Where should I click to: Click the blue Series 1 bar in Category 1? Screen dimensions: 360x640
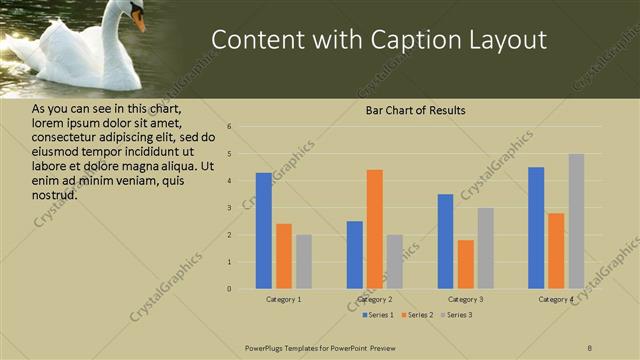coord(264,231)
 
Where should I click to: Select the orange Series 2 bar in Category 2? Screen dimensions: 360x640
coord(374,229)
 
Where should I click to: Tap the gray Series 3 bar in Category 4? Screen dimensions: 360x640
coord(576,221)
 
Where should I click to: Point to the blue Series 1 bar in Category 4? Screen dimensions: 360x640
coord(536,228)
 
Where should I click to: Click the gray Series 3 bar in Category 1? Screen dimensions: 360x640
coord(304,262)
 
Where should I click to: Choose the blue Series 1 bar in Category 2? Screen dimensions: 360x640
coord(355,255)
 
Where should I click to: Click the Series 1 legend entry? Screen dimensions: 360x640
coord(378,315)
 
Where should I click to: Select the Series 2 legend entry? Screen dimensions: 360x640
coord(418,315)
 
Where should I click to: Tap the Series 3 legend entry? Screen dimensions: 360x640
coord(456,315)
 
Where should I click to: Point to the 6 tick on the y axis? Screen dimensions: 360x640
coord(230,127)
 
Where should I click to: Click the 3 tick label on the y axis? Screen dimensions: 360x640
coord(230,208)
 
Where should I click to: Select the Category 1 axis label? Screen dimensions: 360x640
coord(284,299)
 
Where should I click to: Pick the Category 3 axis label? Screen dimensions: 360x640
coord(465,299)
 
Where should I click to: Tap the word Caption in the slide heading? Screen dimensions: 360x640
coord(413,40)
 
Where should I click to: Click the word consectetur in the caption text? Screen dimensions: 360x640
coord(63,137)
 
